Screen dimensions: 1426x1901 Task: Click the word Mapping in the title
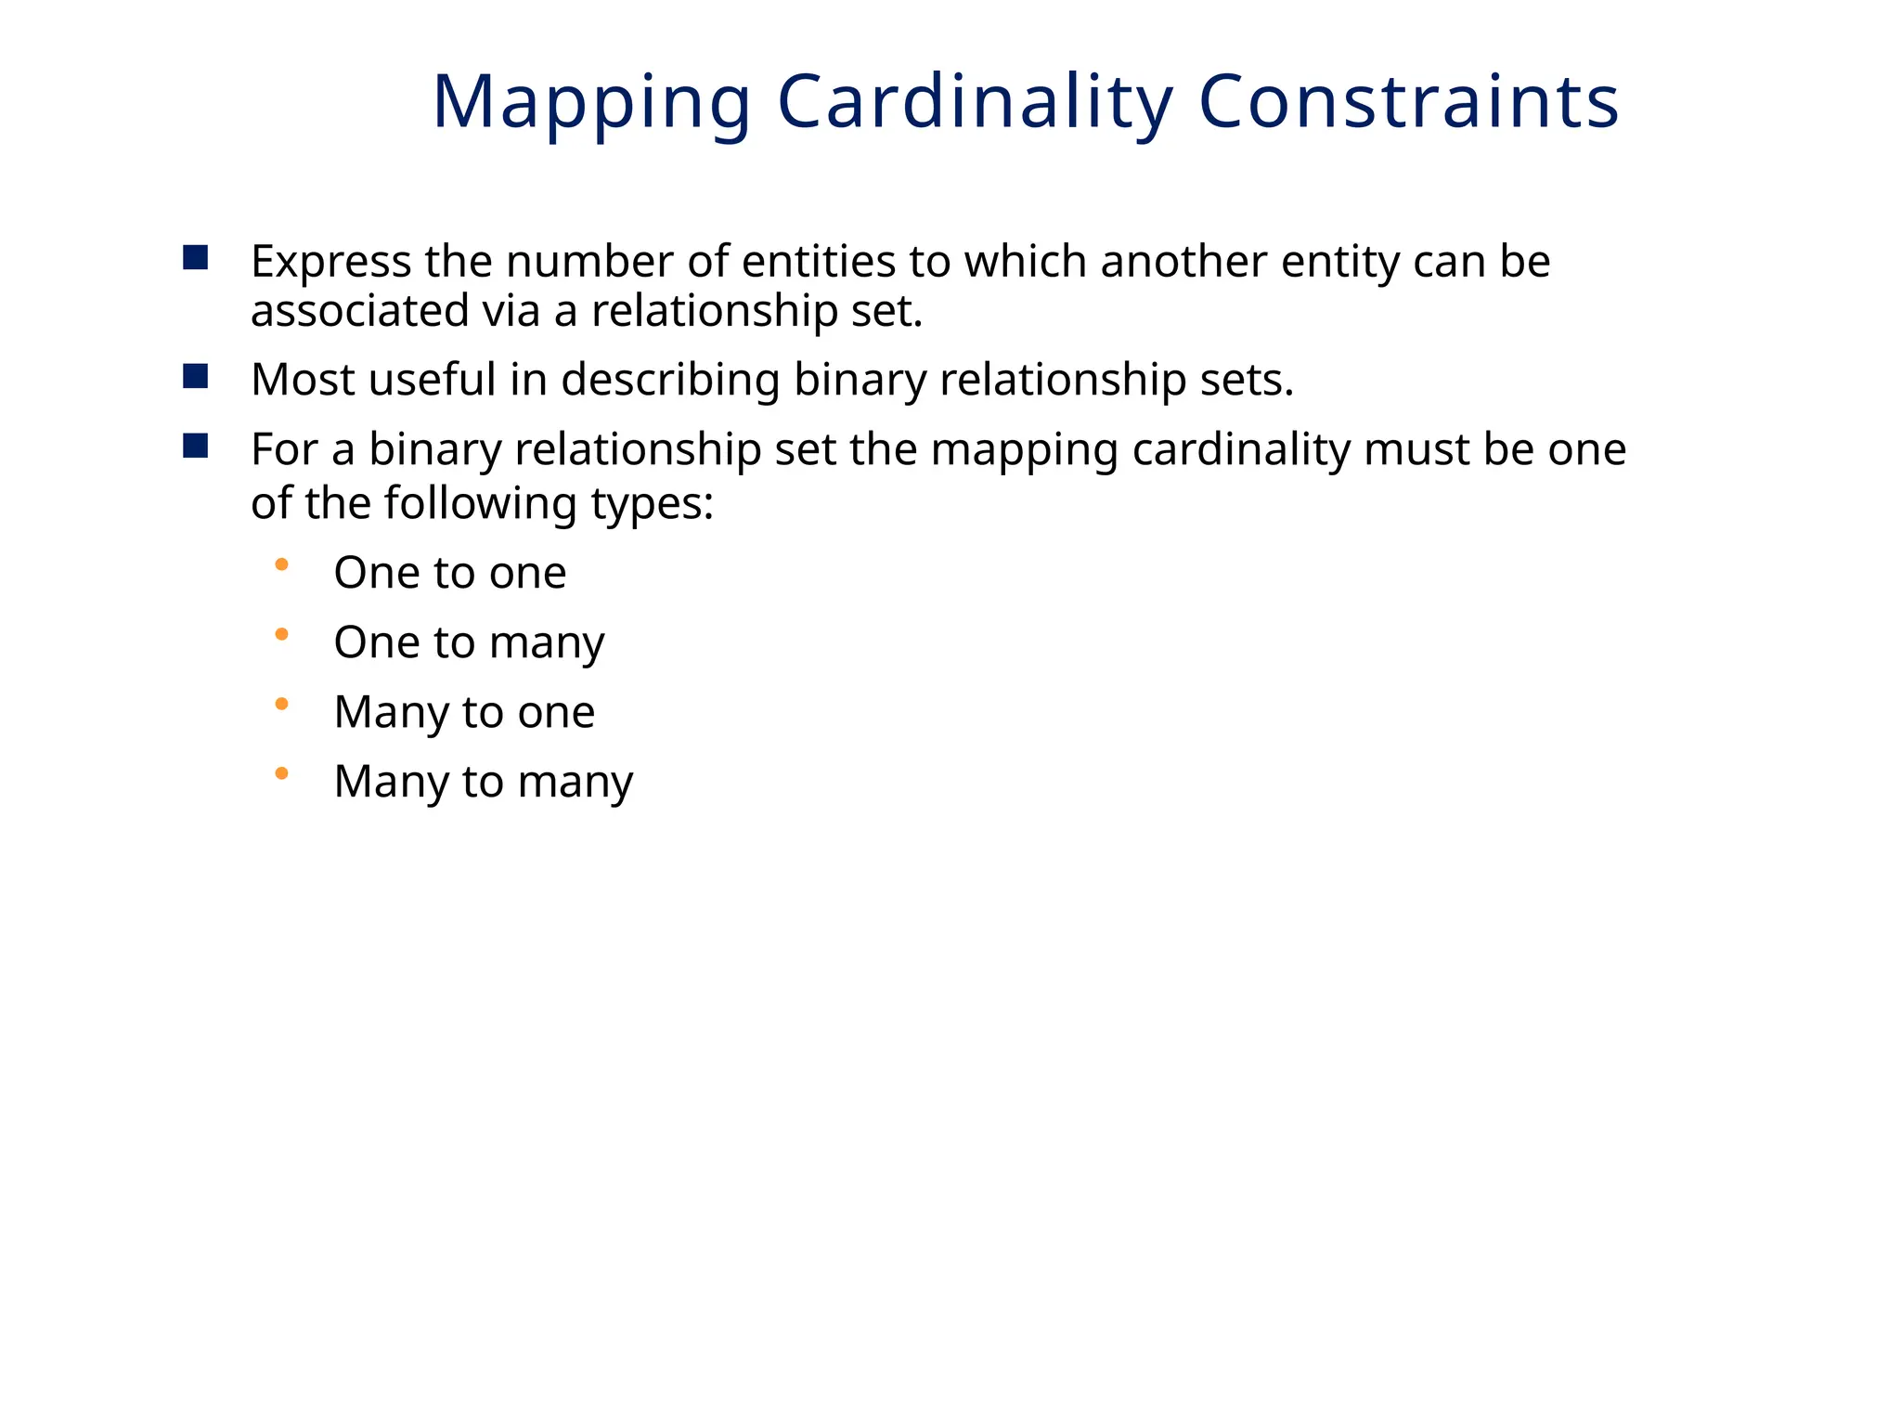pos(591,102)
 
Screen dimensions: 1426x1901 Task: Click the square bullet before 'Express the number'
pos(196,257)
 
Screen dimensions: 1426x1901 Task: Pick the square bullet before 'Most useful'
pos(196,376)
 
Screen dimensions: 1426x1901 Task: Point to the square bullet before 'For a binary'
pos(196,446)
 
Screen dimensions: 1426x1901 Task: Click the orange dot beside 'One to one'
pos(282,564)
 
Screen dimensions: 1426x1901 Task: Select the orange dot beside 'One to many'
pos(282,634)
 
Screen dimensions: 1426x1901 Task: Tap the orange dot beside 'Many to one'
pos(282,704)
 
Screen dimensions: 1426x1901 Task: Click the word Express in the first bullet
pos(331,263)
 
